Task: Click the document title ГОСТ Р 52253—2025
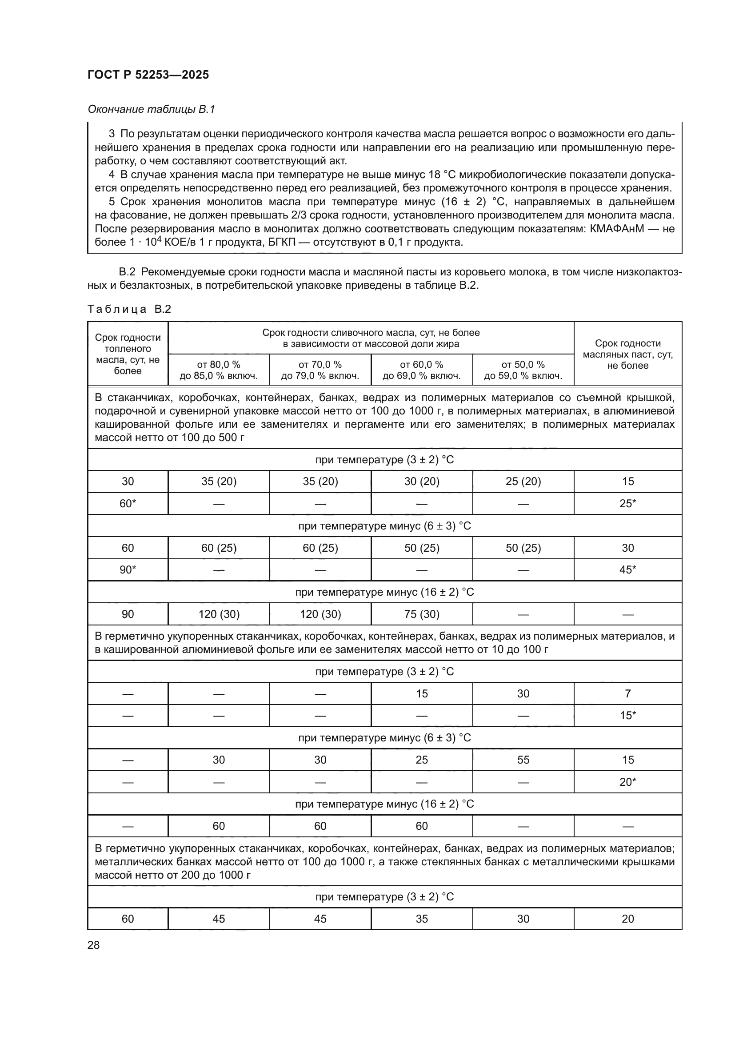[148, 75]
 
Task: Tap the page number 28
[93, 945]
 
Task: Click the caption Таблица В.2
[129, 309]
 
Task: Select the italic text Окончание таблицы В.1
[151, 109]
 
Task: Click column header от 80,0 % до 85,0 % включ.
[219, 370]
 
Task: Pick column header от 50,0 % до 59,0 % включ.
[523, 370]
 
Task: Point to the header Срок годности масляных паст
[627, 354]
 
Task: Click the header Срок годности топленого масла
[128, 354]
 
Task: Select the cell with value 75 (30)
[421, 614]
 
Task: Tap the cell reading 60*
[128, 504]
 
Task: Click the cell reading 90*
[128, 570]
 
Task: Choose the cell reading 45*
[627, 570]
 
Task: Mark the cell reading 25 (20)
[523, 482]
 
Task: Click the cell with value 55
[523, 760]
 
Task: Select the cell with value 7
[627, 694]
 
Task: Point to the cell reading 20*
[627, 782]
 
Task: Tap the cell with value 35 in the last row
[421, 919]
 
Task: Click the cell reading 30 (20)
[421, 482]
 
